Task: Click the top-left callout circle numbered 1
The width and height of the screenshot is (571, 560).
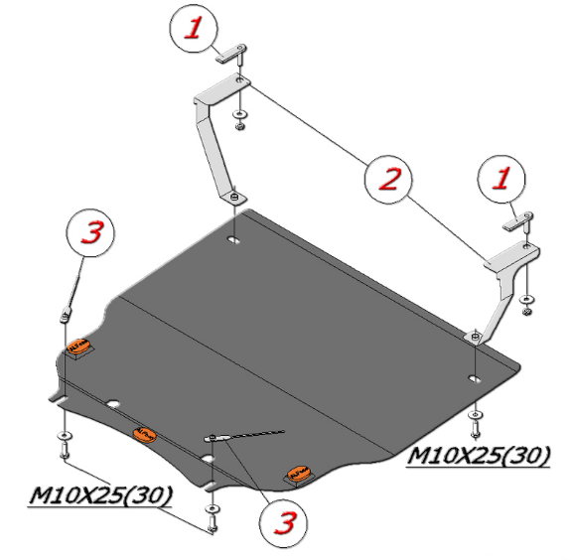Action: click(194, 29)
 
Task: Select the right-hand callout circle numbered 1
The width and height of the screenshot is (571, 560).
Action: click(501, 179)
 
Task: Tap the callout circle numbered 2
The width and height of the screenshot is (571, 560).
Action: click(388, 179)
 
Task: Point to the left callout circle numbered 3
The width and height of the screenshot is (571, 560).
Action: click(90, 232)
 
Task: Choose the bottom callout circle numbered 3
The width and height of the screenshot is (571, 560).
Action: click(283, 523)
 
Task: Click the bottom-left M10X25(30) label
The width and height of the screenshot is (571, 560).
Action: click(100, 494)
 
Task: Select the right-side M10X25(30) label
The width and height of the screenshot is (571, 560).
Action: click(479, 455)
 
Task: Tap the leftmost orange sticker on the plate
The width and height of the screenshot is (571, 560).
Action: click(79, 346)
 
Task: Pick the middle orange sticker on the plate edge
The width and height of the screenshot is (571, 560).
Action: click(145, 435)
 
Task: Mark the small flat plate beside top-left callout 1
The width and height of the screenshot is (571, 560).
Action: click(230, 54)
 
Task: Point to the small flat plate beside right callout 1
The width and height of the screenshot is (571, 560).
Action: click(518, 221)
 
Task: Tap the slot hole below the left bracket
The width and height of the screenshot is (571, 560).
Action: click(233, 240)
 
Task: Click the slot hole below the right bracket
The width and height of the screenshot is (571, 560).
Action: click(474, 378)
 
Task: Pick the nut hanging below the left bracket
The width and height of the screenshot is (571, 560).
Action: click(239, 126)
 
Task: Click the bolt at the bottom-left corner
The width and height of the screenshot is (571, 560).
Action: click(65, 451)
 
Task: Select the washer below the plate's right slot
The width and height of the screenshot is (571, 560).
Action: click(476, 415)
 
